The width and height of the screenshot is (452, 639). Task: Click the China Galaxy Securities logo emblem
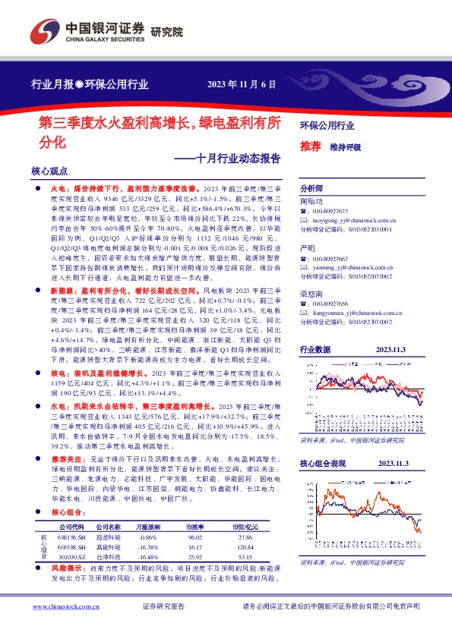click(x=45, y=30)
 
